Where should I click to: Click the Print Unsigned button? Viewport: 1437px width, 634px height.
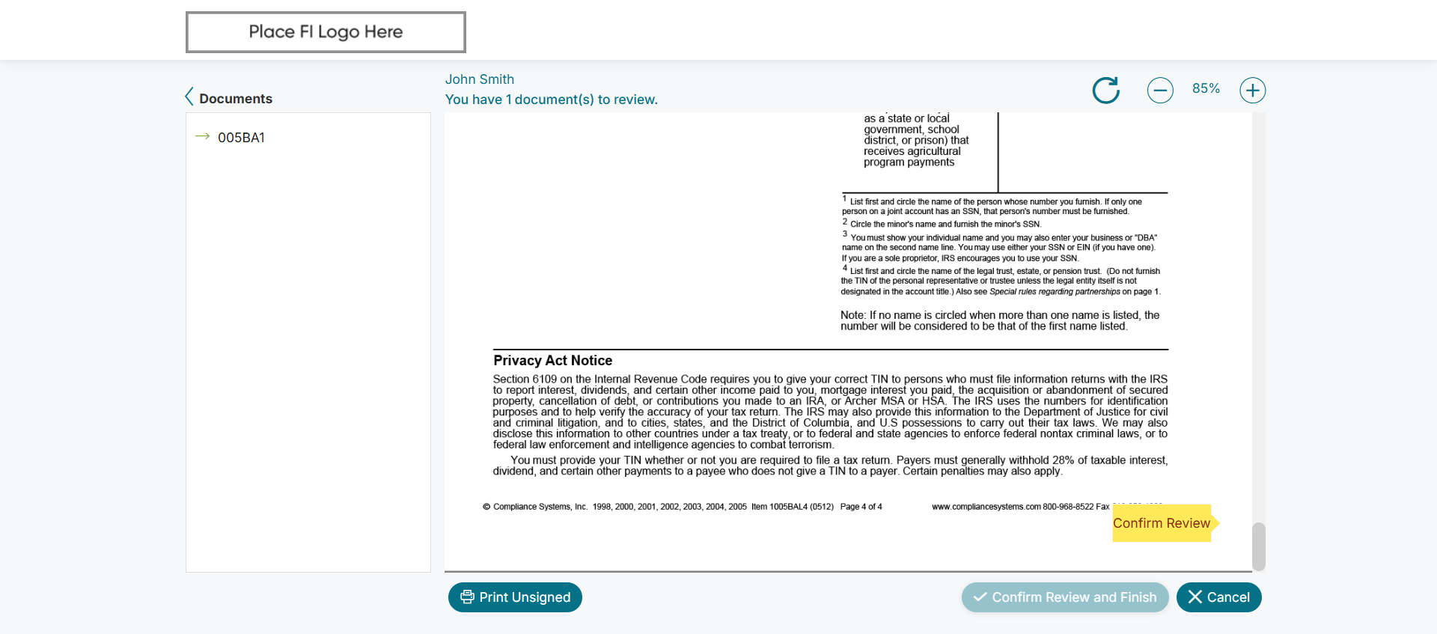coord(515,597)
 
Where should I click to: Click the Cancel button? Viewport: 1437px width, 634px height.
coord(1218,597)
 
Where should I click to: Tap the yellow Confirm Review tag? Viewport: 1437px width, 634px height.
coord(1162,523)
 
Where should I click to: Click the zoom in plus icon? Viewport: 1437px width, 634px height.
coord(1252,91)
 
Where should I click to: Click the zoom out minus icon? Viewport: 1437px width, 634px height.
coord(1160,91)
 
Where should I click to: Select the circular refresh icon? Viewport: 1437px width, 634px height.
coord(1106,91)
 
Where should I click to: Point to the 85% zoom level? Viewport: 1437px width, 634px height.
coord(1206,88)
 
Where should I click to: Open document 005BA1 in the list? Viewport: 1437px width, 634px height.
coord(241,138)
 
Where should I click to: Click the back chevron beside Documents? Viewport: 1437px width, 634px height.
coord(189,97)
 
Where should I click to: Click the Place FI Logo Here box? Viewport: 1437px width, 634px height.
coord(326,32)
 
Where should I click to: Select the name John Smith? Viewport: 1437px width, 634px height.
coord(480,79)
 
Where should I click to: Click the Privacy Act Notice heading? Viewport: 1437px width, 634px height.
coord(552,361)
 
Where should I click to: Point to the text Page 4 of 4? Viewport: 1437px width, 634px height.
coord(861,507)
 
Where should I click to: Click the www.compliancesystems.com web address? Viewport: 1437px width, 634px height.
coord(986,507)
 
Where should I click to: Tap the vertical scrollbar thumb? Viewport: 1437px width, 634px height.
coord(1259,546)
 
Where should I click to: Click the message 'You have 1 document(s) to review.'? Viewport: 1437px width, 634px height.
coord(551,100)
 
